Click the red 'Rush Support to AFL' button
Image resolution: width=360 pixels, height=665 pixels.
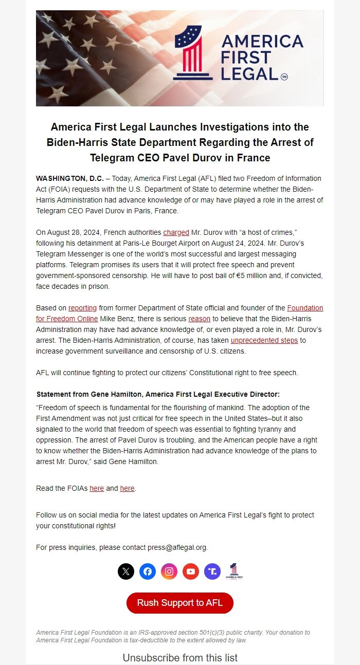pos(180,603)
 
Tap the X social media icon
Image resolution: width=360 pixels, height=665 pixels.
pos(126,571)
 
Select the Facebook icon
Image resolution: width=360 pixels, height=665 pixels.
pos(148,571)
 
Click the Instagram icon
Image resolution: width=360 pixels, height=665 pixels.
pos(169,571)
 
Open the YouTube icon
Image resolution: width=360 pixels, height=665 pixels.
pos(191,571)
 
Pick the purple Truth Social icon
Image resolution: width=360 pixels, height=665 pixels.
pos(212,571)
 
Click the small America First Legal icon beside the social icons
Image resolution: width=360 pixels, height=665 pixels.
pos(234,571)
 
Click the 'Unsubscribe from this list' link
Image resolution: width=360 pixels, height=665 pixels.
pos(180,658)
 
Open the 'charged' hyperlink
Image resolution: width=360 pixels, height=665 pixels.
pos(176,232)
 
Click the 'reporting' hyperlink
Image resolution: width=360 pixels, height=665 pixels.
pos(82,308)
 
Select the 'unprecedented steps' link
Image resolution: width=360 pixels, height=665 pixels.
pos(261,340)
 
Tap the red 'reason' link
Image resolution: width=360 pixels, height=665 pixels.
pos(199,319)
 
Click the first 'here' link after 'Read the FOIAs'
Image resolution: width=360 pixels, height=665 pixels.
pos(97,488)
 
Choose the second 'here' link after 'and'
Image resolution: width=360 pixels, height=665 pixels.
pos(127,488)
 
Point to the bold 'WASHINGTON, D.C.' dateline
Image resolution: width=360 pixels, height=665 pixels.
pos(69,178)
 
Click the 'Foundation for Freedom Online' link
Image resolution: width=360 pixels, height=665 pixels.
pos(305,308)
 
